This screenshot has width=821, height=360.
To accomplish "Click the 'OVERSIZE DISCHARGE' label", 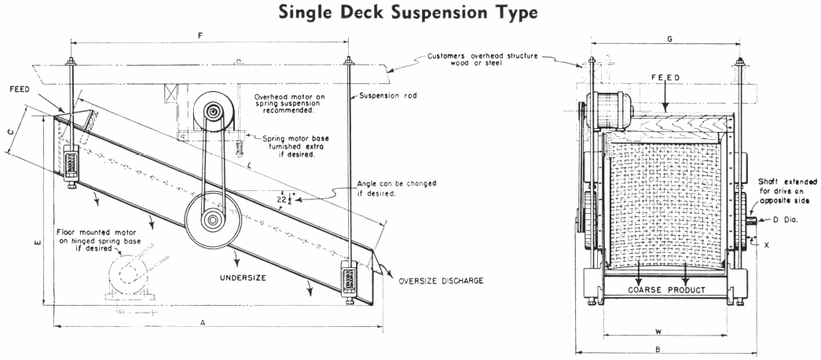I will click(440, 281).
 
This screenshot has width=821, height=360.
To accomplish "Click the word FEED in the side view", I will click(20, 90).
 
